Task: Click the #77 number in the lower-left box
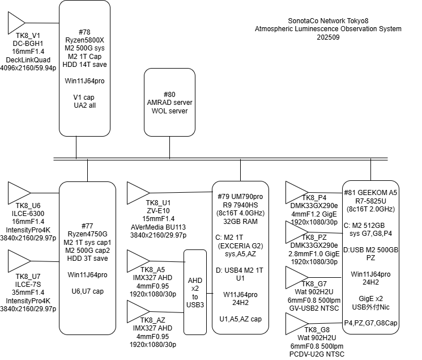(x=87, y=226)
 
